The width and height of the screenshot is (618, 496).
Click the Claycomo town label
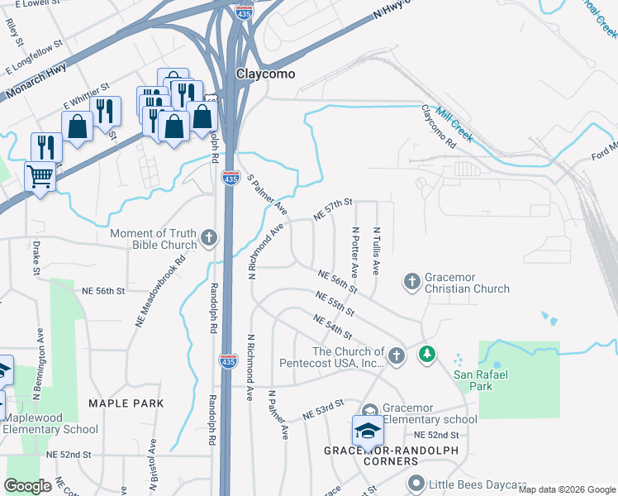pyautogui.click(x=266, y=73)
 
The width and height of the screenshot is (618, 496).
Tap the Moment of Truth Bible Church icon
pyautogui.click(x=209, y=240)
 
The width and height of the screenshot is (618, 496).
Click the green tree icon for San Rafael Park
pyautogui.click(x=426, y=355)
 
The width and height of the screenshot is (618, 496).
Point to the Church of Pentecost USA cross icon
pyautogui.click(x=397, y=355)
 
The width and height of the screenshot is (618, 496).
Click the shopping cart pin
pyautogui.click(x=40, y=176)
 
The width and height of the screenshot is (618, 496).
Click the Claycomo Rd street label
pyautogui.click(x=439, y=126)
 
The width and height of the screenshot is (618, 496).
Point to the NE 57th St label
pyautogui.click(x=333, y=209)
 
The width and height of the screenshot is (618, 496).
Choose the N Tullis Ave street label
pyautogui.click(x=376, y=251)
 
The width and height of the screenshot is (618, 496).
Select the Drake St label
pyautogui.click(x=36, y=258)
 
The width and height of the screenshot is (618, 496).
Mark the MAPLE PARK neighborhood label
pyautogui.click(x=127, y=403)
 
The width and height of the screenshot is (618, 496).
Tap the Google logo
pyautogui.click(x=28, y=486)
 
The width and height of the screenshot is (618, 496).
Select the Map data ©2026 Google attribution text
pyautogui.click(x=567, y=489)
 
